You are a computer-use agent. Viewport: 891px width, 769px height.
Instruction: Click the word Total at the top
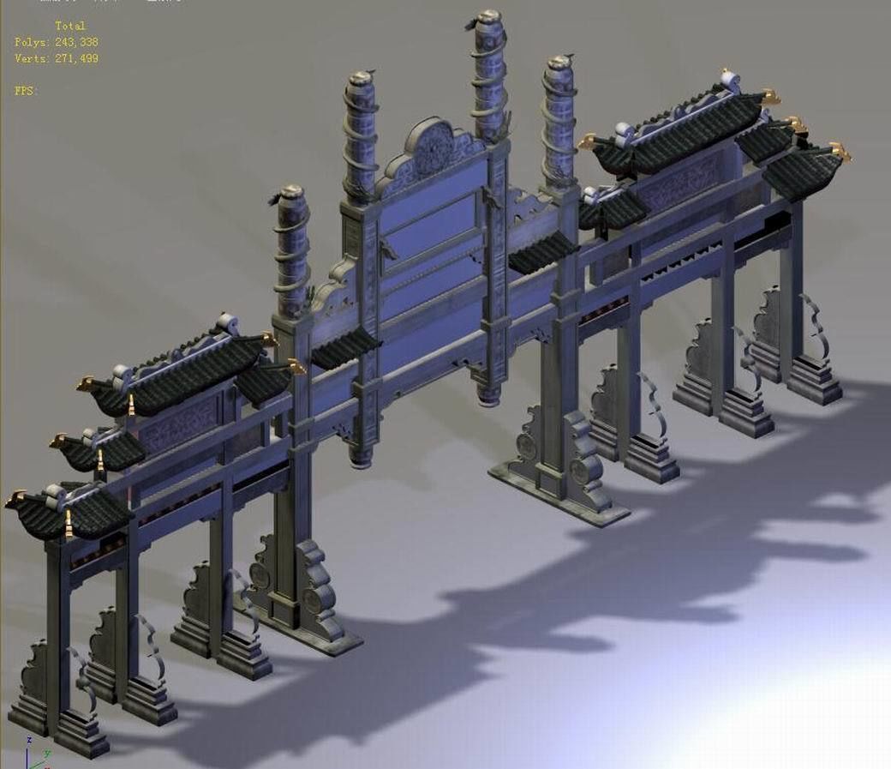pos(70,26)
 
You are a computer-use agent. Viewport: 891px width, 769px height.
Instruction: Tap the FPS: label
pos(26,90)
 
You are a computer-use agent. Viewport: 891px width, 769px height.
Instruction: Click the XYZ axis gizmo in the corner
pos(34,754)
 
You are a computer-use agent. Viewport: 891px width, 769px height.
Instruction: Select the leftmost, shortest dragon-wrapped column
pos(291,249)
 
